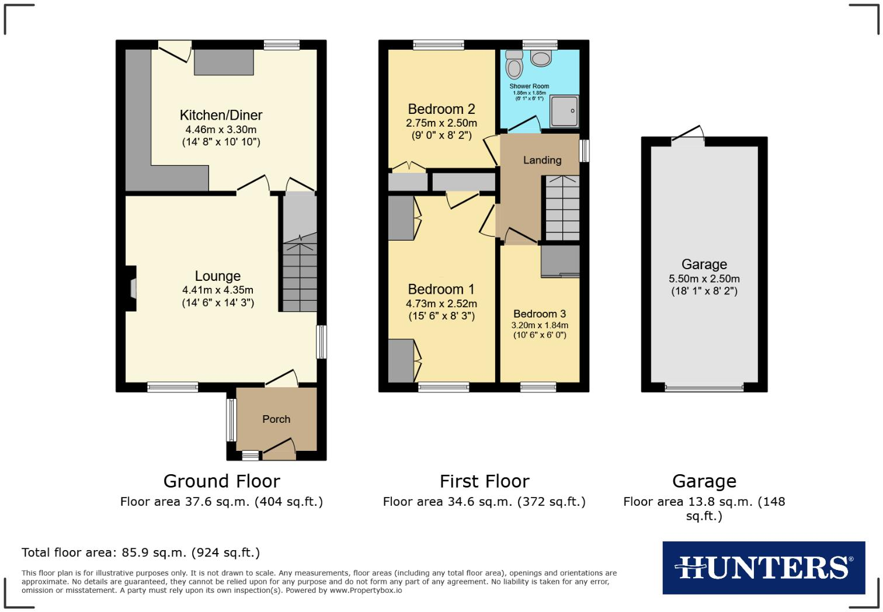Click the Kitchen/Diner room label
point(221,115)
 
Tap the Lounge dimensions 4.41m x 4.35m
point(218,290)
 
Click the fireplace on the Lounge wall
point(133,288)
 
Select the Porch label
point(276,419)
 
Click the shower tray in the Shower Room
point(564,110)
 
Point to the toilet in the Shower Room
point(514,65)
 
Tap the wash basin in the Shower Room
point(541,58)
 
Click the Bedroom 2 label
point(441,109)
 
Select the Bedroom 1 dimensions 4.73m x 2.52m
point(441,304)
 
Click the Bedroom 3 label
point(539,314)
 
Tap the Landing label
point(542,160)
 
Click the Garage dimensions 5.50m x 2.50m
point(704,279)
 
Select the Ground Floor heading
point(221,481)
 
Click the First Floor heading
point(484,481)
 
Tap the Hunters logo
point(763,567)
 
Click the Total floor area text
point(141,552)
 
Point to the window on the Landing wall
point(584,150)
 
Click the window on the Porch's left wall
point(231,420)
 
